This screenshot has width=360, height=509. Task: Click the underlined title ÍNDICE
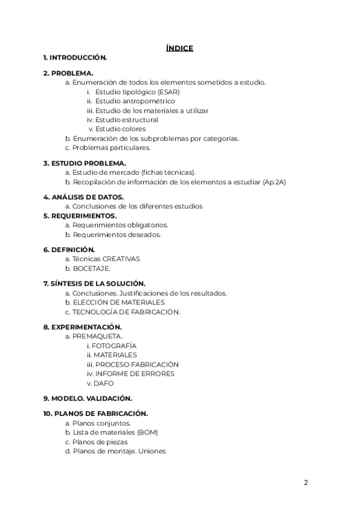coord(179,48)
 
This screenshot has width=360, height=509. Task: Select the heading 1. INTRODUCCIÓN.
coord(75,58)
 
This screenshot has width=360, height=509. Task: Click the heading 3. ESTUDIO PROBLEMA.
coord(85,163)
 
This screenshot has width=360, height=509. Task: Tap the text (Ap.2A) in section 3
coord(274,181)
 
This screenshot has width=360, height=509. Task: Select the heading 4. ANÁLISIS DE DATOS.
coord(83,197)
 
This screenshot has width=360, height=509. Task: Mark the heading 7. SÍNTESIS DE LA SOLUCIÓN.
coord(94,283)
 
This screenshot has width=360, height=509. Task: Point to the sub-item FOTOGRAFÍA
coord(114,346)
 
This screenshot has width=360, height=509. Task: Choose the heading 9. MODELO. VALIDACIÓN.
coord(88,398)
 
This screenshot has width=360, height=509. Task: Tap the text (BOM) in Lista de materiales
coord(147,432)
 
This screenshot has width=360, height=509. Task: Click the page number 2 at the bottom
coord(305,482)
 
